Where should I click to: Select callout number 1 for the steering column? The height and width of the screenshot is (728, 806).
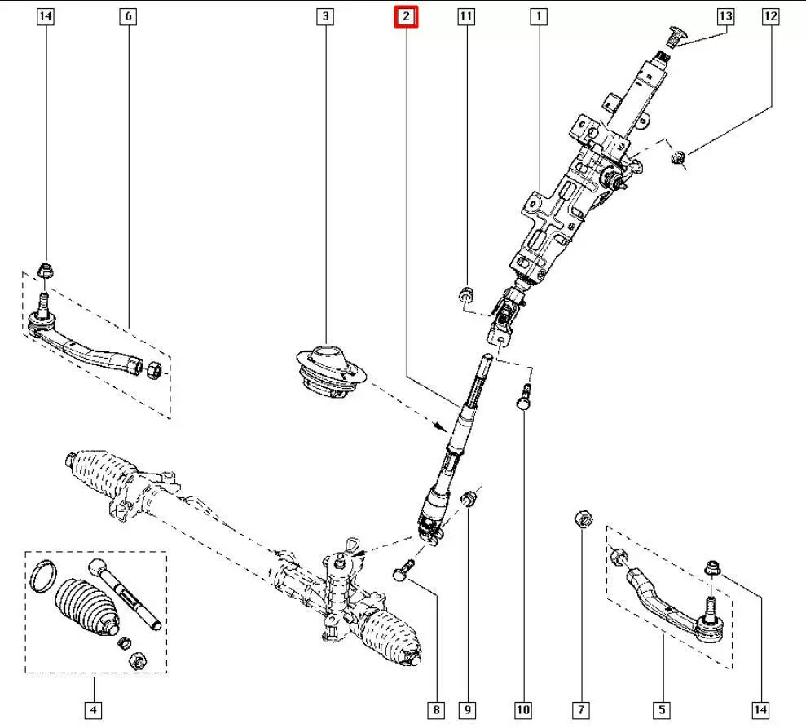coord(539,15)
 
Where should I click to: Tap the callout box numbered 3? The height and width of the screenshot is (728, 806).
coord(325,15)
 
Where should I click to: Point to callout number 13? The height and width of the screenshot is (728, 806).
coord(725,15)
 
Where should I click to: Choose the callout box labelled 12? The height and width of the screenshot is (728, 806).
coord(771,15)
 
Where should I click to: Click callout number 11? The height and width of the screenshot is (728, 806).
coord(465,15)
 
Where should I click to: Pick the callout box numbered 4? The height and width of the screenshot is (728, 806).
coord(94,711)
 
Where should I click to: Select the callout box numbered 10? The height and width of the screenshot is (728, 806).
coord(522,711)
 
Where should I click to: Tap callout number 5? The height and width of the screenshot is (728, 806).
coord(662,711)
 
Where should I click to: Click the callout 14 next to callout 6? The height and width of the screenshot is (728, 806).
coord(46,15)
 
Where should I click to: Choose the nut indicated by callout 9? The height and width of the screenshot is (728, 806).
coord(469,497)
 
